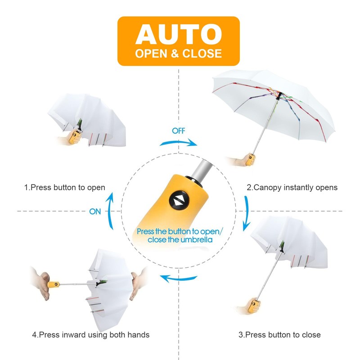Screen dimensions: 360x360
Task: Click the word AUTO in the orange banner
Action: [179, 34]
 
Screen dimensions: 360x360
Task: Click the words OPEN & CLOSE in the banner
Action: [179, 54]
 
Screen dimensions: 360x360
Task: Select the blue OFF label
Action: [178, 131]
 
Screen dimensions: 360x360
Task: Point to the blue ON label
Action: [95, 211]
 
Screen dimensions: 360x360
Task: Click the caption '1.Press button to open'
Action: [65, 187]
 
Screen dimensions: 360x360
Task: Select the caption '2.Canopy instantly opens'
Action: [292, 187]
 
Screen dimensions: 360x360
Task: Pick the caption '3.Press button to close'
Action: [279, 334]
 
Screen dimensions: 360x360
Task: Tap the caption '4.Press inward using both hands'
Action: [90, 334]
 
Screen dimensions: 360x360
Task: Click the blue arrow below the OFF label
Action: [179, 143]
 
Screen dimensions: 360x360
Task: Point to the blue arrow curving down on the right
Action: [247, 211]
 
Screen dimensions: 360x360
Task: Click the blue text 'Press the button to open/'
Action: [179, 231]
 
